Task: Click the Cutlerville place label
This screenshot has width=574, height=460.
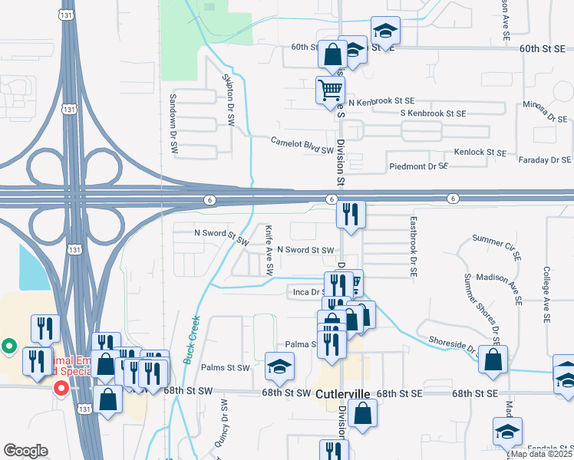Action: [x=343, y=393]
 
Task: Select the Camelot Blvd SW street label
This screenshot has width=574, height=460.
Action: [x=302, y=143]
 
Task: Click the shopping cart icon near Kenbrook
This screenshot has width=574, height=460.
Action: [x=331, y=90]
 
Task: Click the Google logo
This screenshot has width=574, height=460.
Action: [x=25, y=450]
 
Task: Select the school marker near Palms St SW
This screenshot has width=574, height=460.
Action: [x=279, y=366]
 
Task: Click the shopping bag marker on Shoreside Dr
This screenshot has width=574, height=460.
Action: [x=492, y=359]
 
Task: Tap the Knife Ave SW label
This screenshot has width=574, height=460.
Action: [x=269, y=250]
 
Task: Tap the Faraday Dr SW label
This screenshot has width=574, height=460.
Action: [x=544, y=160]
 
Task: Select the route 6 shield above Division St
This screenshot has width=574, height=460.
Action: [x=330, y=199]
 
